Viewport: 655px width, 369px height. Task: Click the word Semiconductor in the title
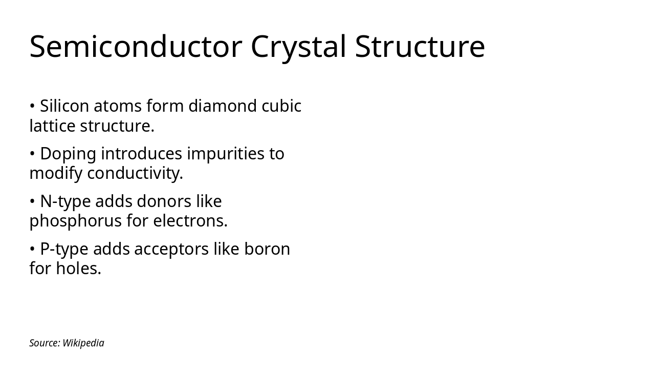(135, 46)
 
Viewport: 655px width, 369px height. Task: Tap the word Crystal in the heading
(299, 46)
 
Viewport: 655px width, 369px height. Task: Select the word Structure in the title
(420, 46)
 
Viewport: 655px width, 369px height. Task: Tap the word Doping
(68, 154)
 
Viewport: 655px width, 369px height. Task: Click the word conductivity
(135, 174)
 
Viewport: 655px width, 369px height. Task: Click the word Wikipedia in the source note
(83, 343)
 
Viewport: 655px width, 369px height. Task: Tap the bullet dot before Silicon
(32, 107)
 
